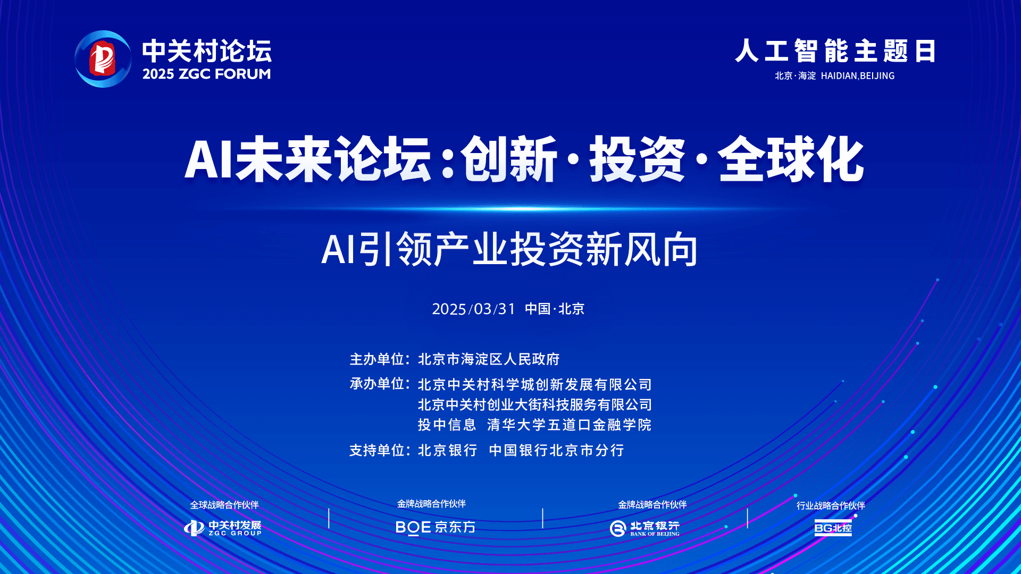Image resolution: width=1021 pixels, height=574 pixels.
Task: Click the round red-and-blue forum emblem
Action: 103,59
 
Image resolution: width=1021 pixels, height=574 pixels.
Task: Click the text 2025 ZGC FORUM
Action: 207,74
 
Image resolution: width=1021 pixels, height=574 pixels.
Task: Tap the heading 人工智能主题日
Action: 835,51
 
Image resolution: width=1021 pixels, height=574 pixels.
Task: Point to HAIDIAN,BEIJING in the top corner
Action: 858,76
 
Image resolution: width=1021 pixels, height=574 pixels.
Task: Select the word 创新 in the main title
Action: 509,159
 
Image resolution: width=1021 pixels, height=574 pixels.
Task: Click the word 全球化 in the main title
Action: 791,159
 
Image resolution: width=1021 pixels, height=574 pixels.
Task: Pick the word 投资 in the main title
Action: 637,159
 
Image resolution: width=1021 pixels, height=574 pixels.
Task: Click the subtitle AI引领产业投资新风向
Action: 510,249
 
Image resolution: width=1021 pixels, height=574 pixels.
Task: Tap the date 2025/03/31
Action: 474,309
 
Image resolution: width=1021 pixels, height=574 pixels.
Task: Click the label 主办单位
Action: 377,359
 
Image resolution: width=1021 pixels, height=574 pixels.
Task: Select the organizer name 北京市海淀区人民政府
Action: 489,359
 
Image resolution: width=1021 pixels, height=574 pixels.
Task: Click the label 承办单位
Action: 377,384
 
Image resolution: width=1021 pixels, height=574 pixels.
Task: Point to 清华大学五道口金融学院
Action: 569,425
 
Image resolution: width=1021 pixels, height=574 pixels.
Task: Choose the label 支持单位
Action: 377,450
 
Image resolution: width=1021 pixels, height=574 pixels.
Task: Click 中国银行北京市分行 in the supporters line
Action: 556,450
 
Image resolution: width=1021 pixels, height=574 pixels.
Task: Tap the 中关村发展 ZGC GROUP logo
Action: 223,528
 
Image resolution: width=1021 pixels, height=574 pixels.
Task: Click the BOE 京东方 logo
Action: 436,527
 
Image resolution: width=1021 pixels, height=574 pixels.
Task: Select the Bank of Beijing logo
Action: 645,528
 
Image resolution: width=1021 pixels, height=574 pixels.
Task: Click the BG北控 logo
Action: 833,528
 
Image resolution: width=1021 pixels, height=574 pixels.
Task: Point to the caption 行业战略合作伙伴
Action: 831,505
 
